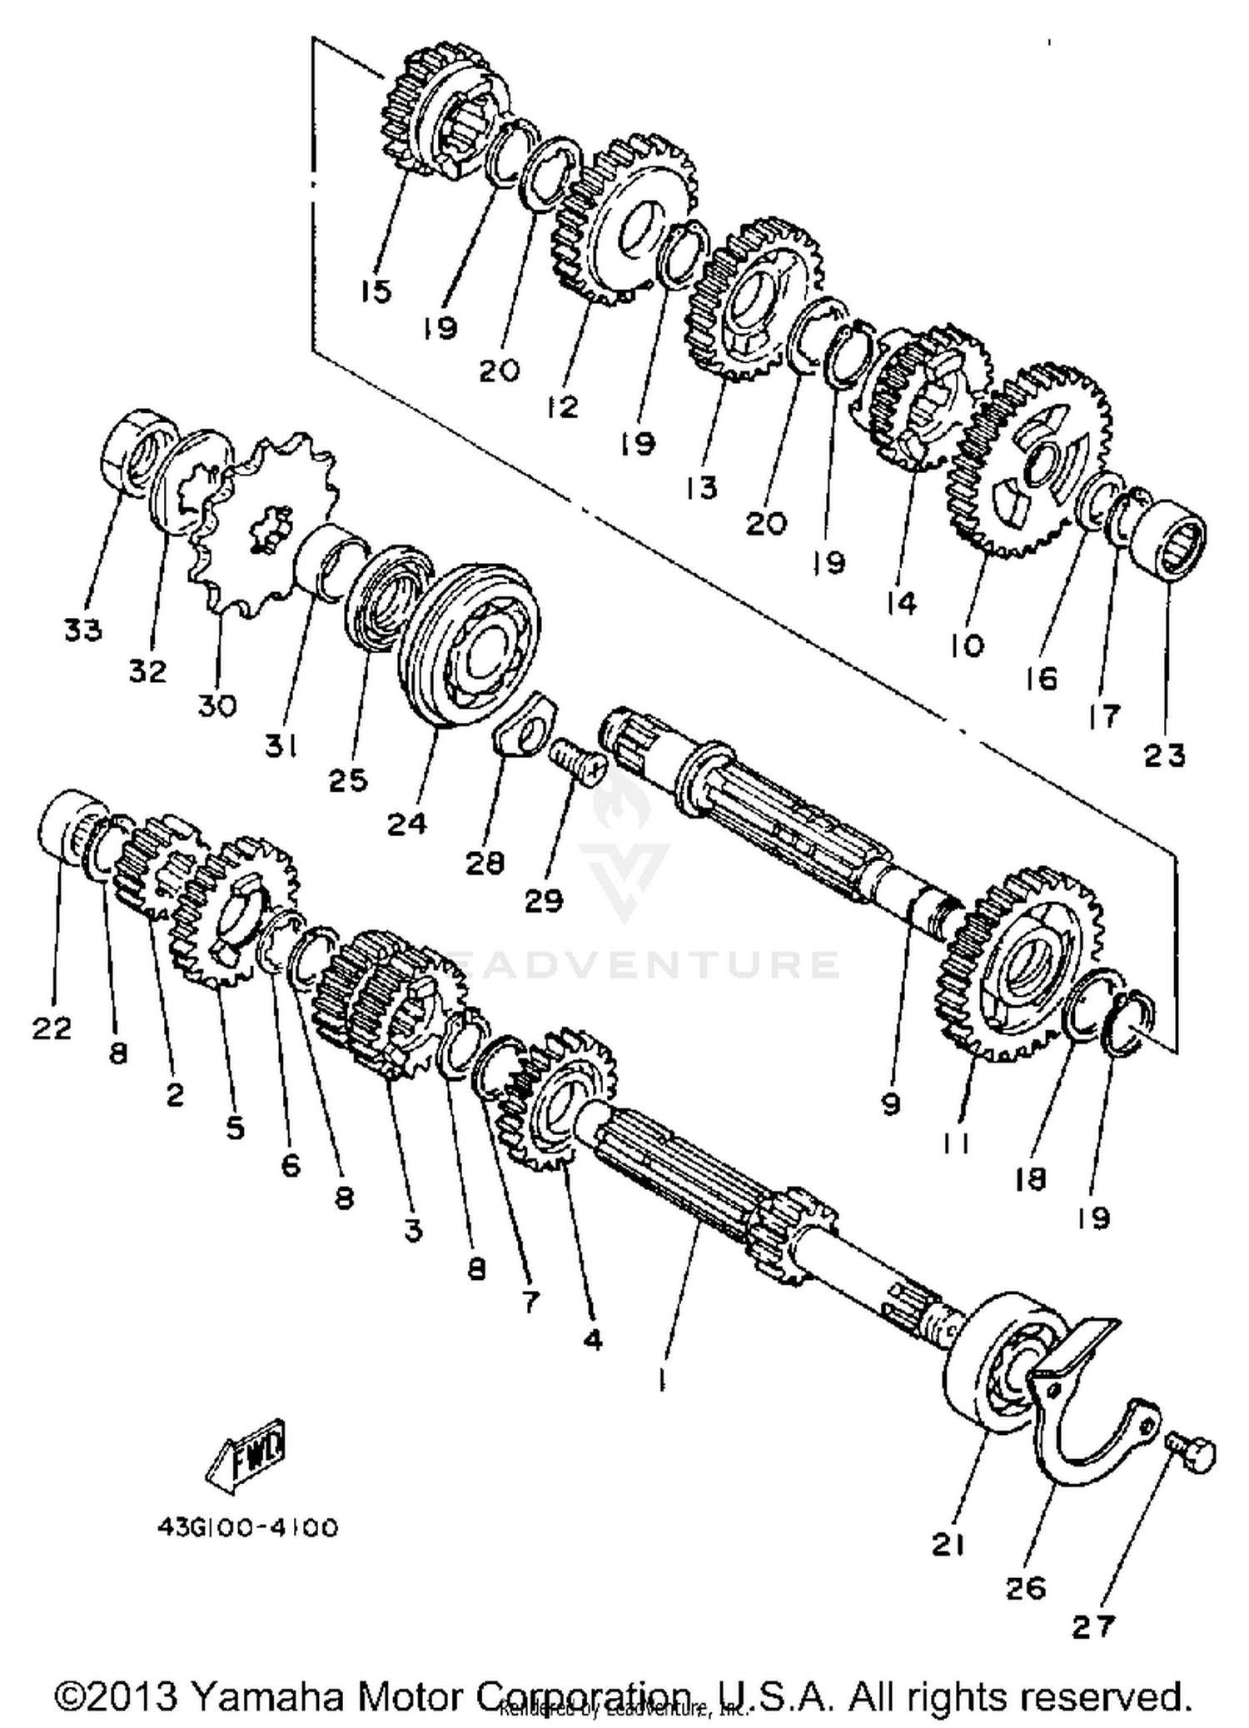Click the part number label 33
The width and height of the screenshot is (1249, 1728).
pyautogui.click(x=82, y=630)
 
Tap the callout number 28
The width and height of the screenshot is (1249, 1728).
pyautogui.click(x=485, y=863)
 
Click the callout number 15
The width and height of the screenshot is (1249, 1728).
pyautogui.click(x=376, y=291)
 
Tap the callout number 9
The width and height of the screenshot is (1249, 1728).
pyautogui.click(x=891, y=1104)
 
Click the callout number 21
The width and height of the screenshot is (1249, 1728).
pyautogui.click(x=948, y=1545)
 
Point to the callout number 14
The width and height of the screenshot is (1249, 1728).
pyautogui.click(x=901, y=602)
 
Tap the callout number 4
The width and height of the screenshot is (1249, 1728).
pyautogui.click(x=592, y=1340)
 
